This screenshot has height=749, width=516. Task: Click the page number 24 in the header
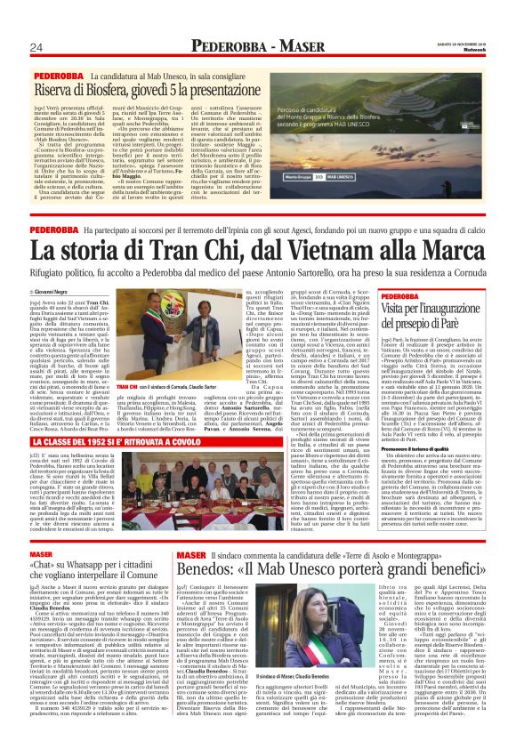click(x=36, y=47)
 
